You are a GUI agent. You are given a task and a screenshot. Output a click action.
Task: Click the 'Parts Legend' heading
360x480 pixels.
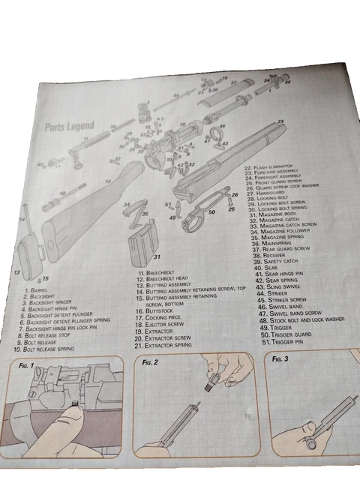[x=70, y=127]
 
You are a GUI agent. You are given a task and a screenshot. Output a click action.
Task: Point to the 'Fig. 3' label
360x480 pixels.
[x=280, y=359]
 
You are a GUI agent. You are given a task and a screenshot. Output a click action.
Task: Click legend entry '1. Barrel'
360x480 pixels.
[x=37, y=289]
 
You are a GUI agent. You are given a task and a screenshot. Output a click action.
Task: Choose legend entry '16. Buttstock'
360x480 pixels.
[x=155, y=310]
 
